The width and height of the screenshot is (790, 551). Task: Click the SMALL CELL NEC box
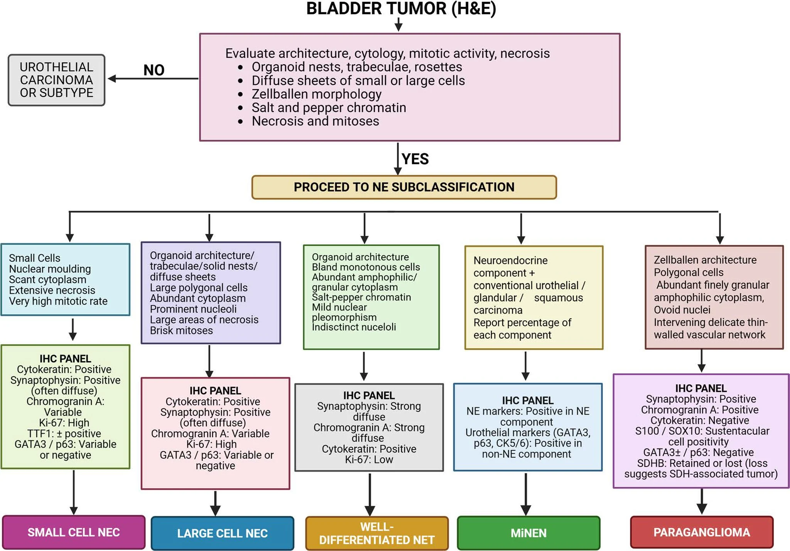click(74, 532)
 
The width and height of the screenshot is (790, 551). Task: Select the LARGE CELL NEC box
click(222, 533)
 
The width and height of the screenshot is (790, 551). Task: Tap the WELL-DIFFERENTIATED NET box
click(377, 533)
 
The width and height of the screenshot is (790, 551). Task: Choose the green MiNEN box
click(528, 533)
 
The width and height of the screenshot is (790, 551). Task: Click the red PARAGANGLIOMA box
click(702, 532)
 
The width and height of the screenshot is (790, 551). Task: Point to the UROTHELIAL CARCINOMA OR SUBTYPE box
click(57, 80)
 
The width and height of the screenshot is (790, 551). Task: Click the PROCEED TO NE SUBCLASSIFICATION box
click(404, 187)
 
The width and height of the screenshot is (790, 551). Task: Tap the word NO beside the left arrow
click(154, 70)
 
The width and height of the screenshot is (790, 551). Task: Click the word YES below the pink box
click(415, 159)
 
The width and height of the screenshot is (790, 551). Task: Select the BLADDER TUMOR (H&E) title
click(401, 8)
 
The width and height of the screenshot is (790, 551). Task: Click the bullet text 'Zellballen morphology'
click(317, 94)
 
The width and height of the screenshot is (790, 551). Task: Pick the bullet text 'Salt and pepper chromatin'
click(329, 107)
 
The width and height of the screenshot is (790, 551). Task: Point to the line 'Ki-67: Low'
click(369, 460)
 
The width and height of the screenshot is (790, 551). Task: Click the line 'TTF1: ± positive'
click(64, 433)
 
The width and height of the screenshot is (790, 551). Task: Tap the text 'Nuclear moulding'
click(50, 269)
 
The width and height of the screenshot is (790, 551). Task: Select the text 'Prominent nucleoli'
click(193, 309)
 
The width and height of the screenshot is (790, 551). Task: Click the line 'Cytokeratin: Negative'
click(700, 420)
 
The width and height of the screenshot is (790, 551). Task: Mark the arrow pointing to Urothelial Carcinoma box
click(153, 79)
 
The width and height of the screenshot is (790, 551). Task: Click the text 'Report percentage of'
click(522, 323)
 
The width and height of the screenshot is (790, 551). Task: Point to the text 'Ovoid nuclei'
click(682, 310)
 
